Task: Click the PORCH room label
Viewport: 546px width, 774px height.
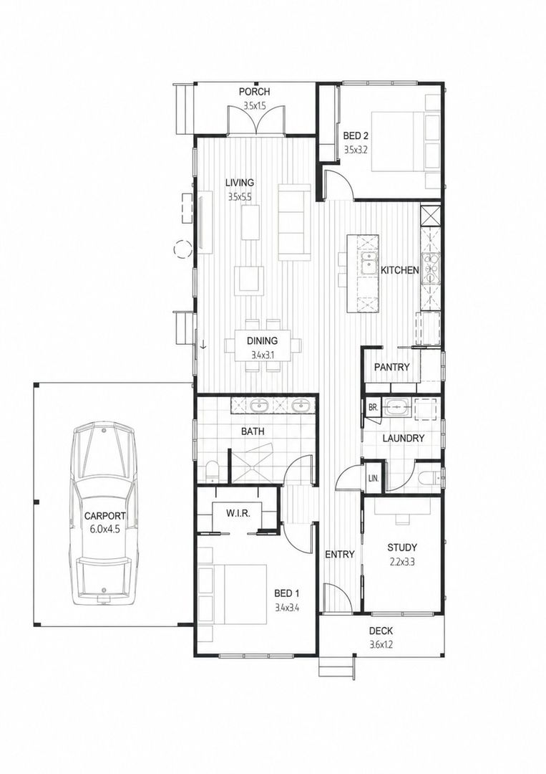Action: click(x=254, y=92)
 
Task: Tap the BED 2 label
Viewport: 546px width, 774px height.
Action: click(x=356, y=135)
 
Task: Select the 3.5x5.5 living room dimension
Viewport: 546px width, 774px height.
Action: click(x=240, y=197)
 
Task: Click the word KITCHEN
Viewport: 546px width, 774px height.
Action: click(x=399, y=270)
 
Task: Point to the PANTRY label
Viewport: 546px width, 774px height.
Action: click(x=391, y=367)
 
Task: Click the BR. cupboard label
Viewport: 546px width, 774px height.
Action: click(x=373, y=408)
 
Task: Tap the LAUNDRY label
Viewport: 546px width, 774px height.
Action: click(x=403, y=439)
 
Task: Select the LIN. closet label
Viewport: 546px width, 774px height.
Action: click(x=374, y=478)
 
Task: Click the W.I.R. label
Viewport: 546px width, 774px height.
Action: click(x=238, y=513)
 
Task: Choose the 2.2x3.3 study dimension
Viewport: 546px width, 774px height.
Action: click(x=402, y=561)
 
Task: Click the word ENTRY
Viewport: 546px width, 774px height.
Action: click(x=339, y=554)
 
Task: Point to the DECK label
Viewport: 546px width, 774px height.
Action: click(x=381, y=631)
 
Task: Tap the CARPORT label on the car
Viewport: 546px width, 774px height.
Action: click(x=104, y=516)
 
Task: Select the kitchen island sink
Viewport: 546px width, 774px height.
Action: click(x=368, y=264)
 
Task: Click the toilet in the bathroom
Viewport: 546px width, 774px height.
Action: click(x=211, y=471)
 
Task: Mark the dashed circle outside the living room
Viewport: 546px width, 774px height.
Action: click(x=182, y=248)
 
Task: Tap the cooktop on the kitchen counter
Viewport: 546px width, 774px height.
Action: click(x=430, y=268)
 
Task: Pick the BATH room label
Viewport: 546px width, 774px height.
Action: click(x=253, y=431)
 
